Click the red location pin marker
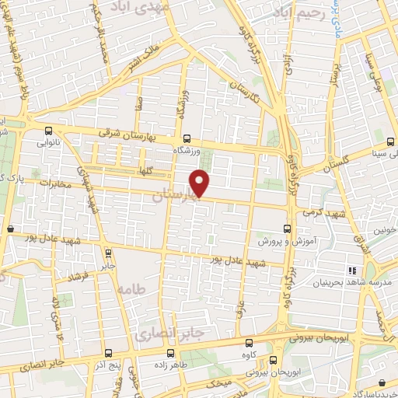pos(201,183)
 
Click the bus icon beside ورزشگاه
pos(187,140)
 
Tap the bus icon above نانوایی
pos(49,131)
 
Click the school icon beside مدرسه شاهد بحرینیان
pos(351,270)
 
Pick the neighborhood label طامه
pos(130,288)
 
